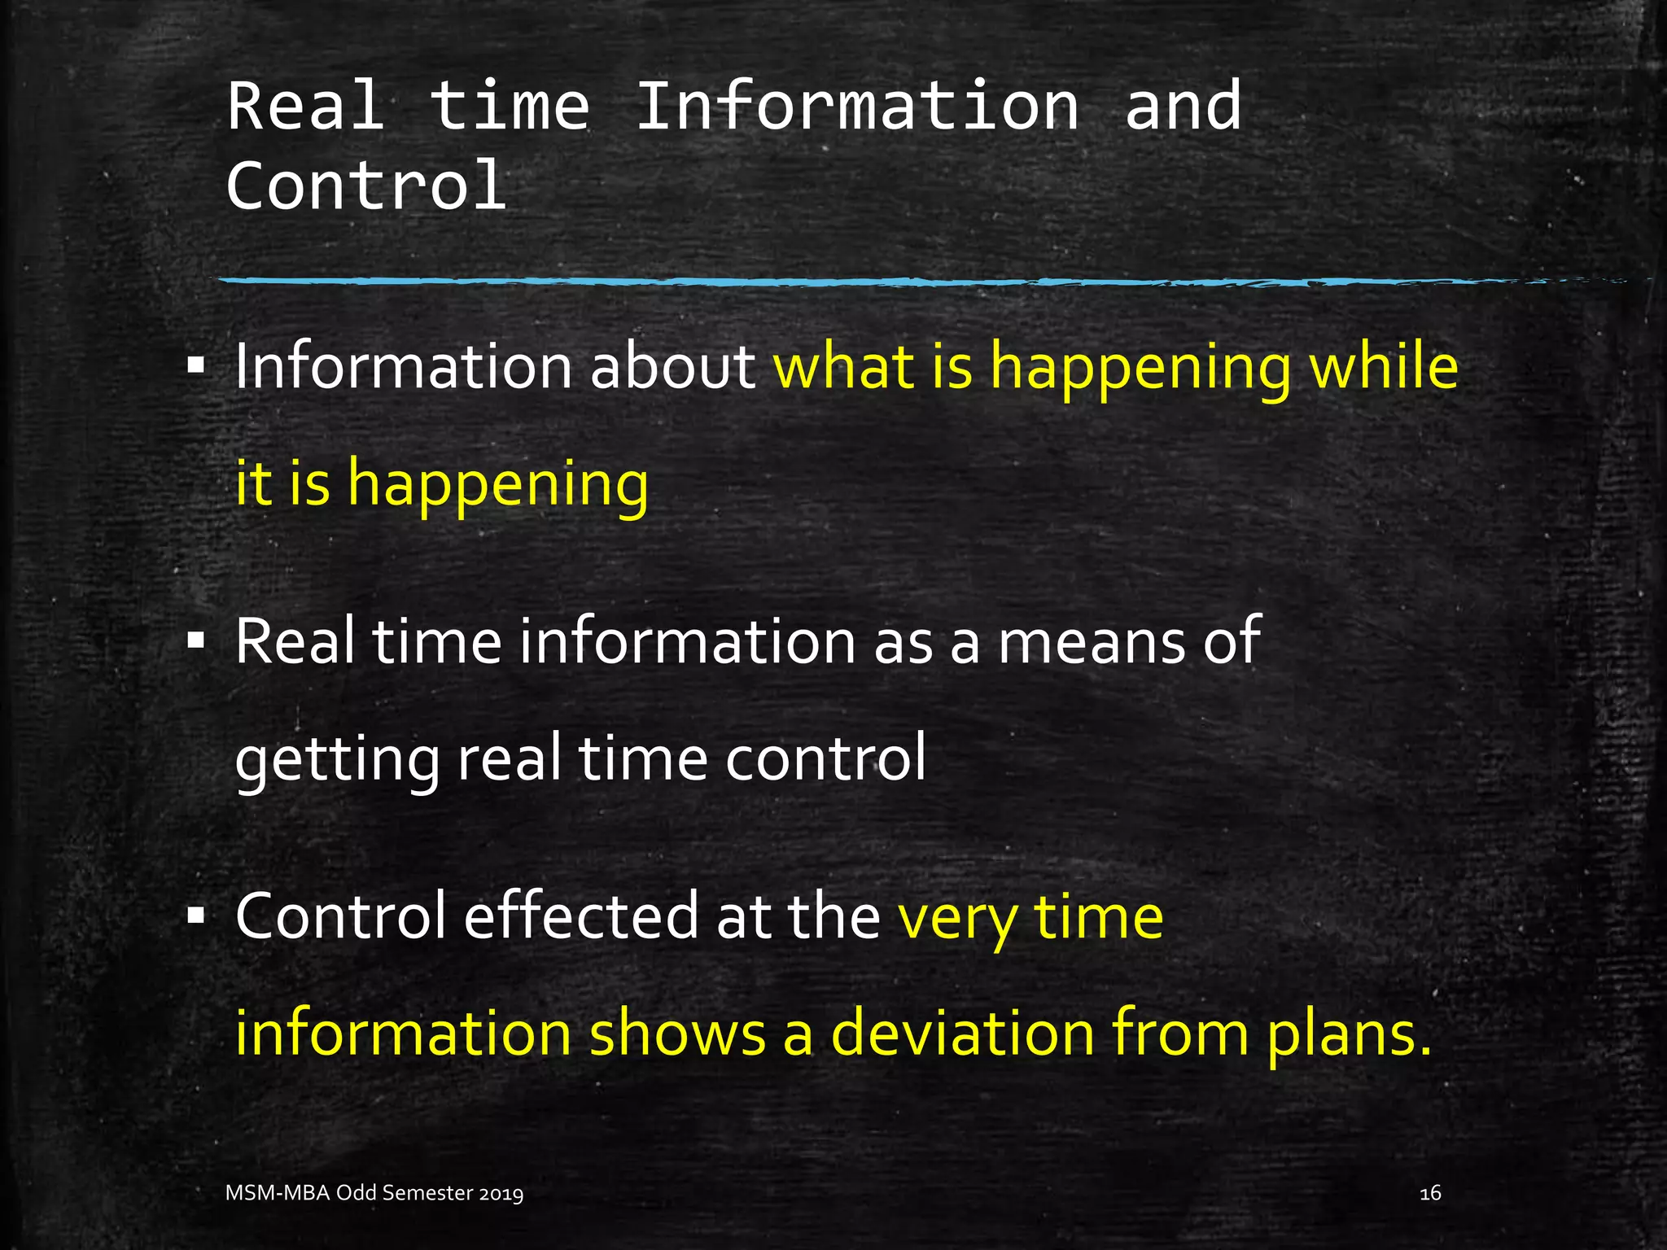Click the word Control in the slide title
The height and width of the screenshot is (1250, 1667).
pyautogui.click(x=366, y=186)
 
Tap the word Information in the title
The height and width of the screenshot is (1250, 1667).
pyautogui.click(x=857, y=107)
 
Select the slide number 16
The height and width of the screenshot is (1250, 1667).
pyautogui.click(x=1430, y=1193)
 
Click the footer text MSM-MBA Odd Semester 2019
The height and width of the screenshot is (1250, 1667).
pyautogui.click(x=374, y=1193)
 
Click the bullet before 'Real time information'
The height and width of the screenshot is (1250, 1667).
pyautogui.click(x=195, y=642)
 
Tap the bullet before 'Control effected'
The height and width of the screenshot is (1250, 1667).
pyautogui.click(x=195, y=917)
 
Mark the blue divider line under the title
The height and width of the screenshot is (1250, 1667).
pyautogui.click(x=814, y=282)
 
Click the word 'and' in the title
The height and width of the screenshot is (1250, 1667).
pyautogui.click(x=1183, y=107)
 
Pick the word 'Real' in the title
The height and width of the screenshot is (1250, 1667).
pyautogui.click(x=306, y=107)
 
